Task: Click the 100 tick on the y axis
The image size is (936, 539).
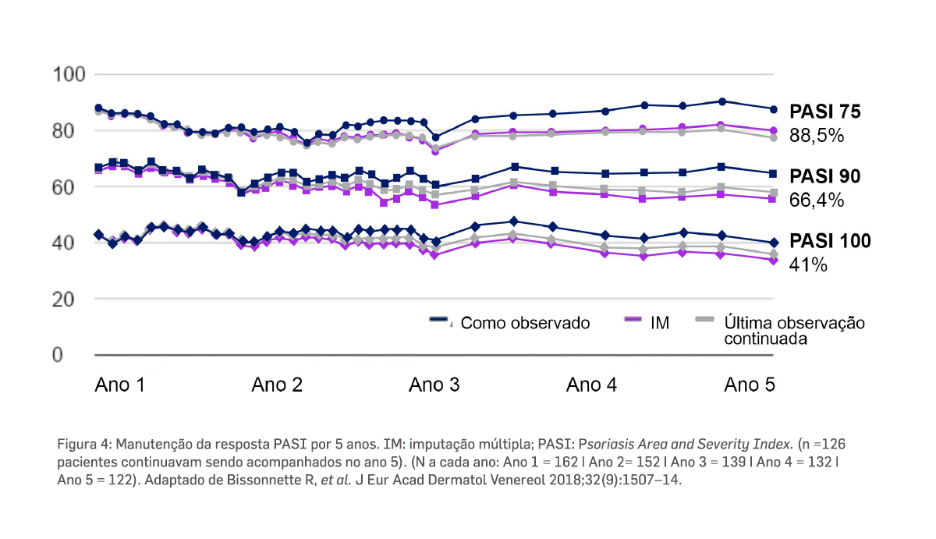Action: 68,76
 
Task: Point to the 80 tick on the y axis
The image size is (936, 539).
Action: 68,131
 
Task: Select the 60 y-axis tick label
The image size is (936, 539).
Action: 68,187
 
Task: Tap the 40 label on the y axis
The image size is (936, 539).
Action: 68,243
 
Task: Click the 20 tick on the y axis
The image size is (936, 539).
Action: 68,300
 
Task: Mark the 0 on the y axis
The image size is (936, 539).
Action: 59,356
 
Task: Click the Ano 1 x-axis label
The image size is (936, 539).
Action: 120,385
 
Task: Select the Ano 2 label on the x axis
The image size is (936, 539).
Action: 278,385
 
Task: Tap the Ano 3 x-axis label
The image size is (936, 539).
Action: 435,385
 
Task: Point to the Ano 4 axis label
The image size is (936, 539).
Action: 592,385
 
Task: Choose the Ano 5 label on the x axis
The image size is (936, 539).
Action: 750,385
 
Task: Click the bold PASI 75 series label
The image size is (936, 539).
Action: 825,112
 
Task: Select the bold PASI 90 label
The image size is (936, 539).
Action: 825,177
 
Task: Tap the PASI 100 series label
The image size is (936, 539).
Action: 830,241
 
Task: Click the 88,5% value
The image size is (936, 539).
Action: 817,135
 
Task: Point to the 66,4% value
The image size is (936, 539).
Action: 817,200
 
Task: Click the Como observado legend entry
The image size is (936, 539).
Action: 525,323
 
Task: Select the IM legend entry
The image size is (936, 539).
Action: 659,323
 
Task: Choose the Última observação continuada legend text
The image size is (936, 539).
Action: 794,331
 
